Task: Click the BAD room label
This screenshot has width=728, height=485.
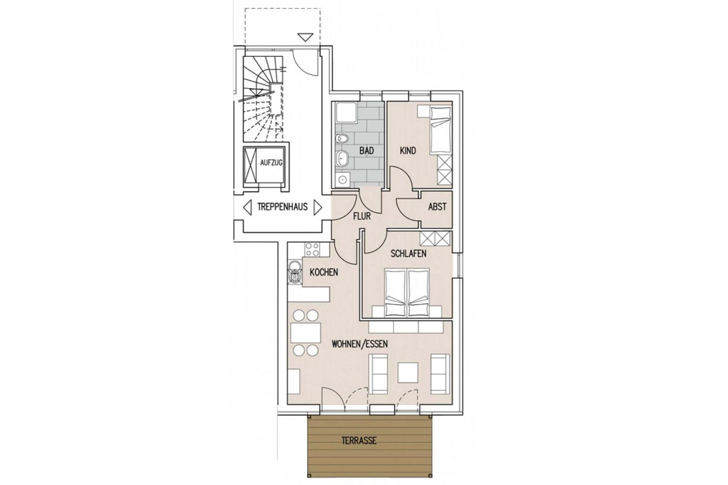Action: click(366, 151)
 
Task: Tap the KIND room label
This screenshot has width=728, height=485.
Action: click(408, 151)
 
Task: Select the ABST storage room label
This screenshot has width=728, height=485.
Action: click(437, 207)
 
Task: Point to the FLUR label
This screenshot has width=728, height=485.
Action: click(362, 216)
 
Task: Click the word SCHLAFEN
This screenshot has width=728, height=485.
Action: click(408, 253)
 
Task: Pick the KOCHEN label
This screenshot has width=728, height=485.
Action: click(324, 272)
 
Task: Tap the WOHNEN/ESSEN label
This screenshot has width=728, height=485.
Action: click(360, 344)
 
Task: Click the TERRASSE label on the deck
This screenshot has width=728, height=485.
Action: click(359, 440)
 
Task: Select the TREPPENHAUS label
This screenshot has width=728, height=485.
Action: click(282, 207)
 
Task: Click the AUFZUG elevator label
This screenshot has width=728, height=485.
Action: click(271, 162)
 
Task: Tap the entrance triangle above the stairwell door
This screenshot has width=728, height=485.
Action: click(305, 37)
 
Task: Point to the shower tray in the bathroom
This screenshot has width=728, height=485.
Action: click(346, 113)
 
